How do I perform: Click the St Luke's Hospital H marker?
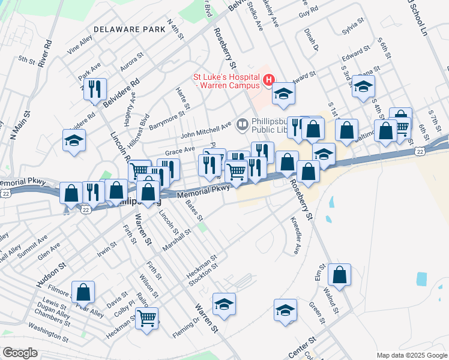click(x=268, y=79)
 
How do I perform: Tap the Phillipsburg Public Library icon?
click(x=243, y=125)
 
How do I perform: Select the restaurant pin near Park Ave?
click(x=95, y=90)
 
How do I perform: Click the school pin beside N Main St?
click(x=74, y=141)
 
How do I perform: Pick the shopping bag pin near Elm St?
click(x=339, y=275)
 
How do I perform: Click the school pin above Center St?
click(x=286, y=311)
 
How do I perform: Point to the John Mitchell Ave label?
click(x=206, y=127)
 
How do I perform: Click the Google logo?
click(x=20, y=353)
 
